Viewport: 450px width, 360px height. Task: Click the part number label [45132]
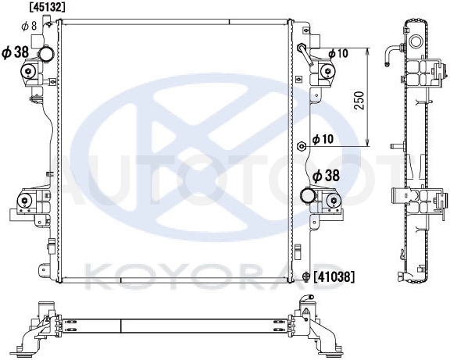pos(48,7)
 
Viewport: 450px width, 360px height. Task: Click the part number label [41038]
pos(334,276)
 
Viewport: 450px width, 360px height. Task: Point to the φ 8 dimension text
pos(29,27)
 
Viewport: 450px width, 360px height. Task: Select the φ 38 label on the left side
pos(16,52)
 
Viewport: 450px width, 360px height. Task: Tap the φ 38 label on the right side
pos(326,176)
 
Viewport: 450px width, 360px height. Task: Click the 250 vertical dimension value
pos(359,101)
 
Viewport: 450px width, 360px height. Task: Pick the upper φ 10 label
pos(338,53)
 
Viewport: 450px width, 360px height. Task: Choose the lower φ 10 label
pos(323,139)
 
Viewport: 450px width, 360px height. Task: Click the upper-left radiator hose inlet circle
pos(46,54)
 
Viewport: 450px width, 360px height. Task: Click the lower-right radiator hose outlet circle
pos(307,196)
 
